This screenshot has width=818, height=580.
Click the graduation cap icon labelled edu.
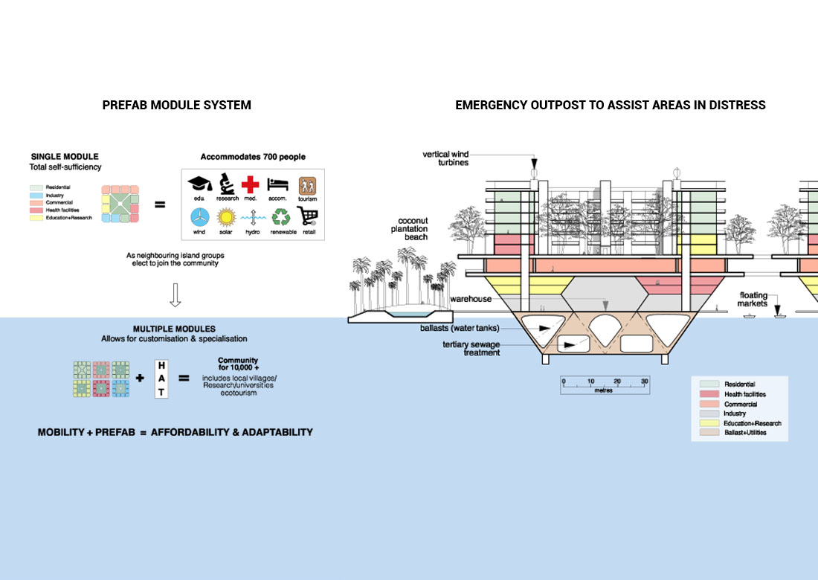coord(199,184)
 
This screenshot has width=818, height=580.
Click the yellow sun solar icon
coord(225,217)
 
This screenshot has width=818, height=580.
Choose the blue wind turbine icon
coord(199,217)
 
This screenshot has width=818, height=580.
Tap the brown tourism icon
coord(307,185)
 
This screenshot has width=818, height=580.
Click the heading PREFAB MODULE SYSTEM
coord(176,106)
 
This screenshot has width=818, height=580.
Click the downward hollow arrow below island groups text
coord(175,295)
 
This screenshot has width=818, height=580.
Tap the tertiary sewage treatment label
coord(471,349)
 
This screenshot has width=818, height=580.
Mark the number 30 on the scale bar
coord(644,381)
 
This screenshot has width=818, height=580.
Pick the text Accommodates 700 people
coord(253,157)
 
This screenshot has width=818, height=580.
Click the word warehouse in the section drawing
coord(471,299)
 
